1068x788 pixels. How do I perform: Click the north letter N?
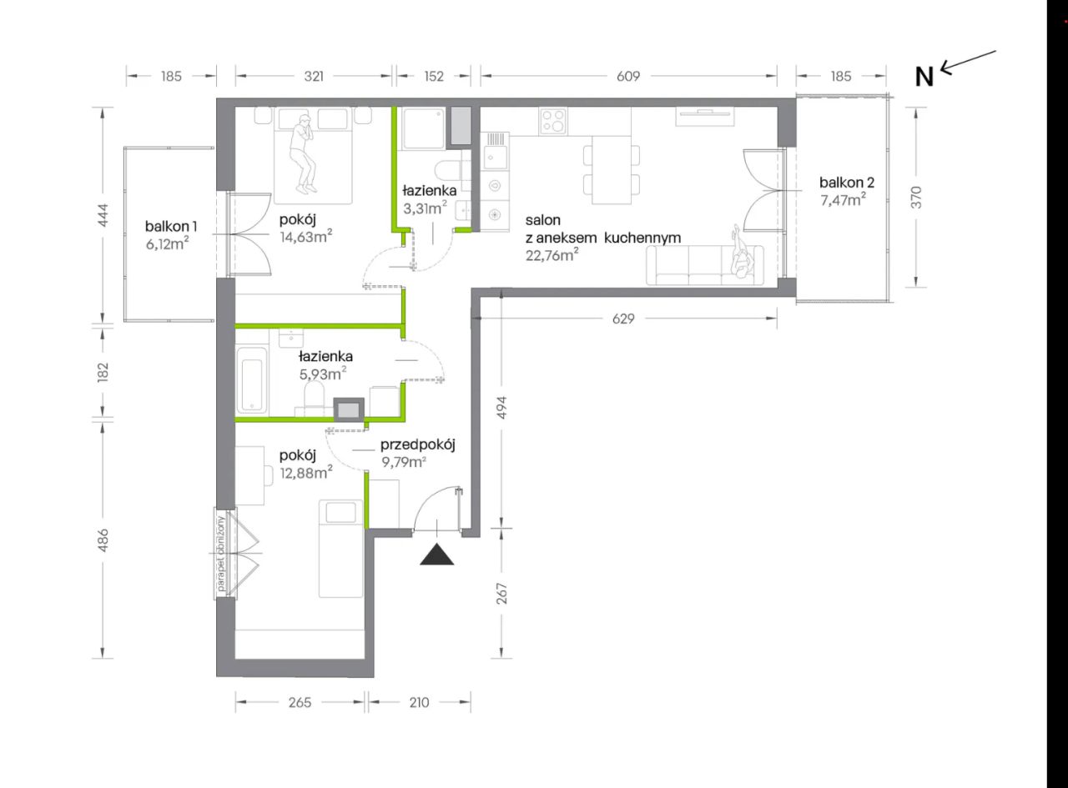pyautogui.click(x=924, y=77)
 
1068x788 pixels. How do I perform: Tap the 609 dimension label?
pyautogui.click(x=628, y=76)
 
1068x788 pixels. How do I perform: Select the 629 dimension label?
pyautogui.click(x=623, y=319)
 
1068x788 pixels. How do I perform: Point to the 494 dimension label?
pyautogui.click(x=501, y=407)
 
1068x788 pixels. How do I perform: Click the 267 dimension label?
pyautogui.click(x=501, y=594)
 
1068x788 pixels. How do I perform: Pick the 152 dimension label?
pyautogui.click(x=434, y=76)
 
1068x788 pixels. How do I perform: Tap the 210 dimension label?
pyautogui.click(x=420, y=702)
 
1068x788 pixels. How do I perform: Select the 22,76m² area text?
pyautogui.click(x=552, y=254)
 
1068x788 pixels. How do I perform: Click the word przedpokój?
pyautogui.click(x=417, y=444)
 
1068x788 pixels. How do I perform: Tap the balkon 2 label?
pyautogui.click(x=847, y=183)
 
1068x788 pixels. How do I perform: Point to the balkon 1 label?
pyautogui.click(x=171, y=226)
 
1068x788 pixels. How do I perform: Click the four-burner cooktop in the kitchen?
pyautogui.click(x=553, y=121)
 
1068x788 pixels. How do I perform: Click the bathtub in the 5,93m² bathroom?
pyautogui.click(x=251, y=379)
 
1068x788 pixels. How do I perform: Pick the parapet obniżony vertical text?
pyautogui.click(x=221, y=554)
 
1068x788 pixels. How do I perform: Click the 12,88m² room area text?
pyautogui.click(x=306, y=472)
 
